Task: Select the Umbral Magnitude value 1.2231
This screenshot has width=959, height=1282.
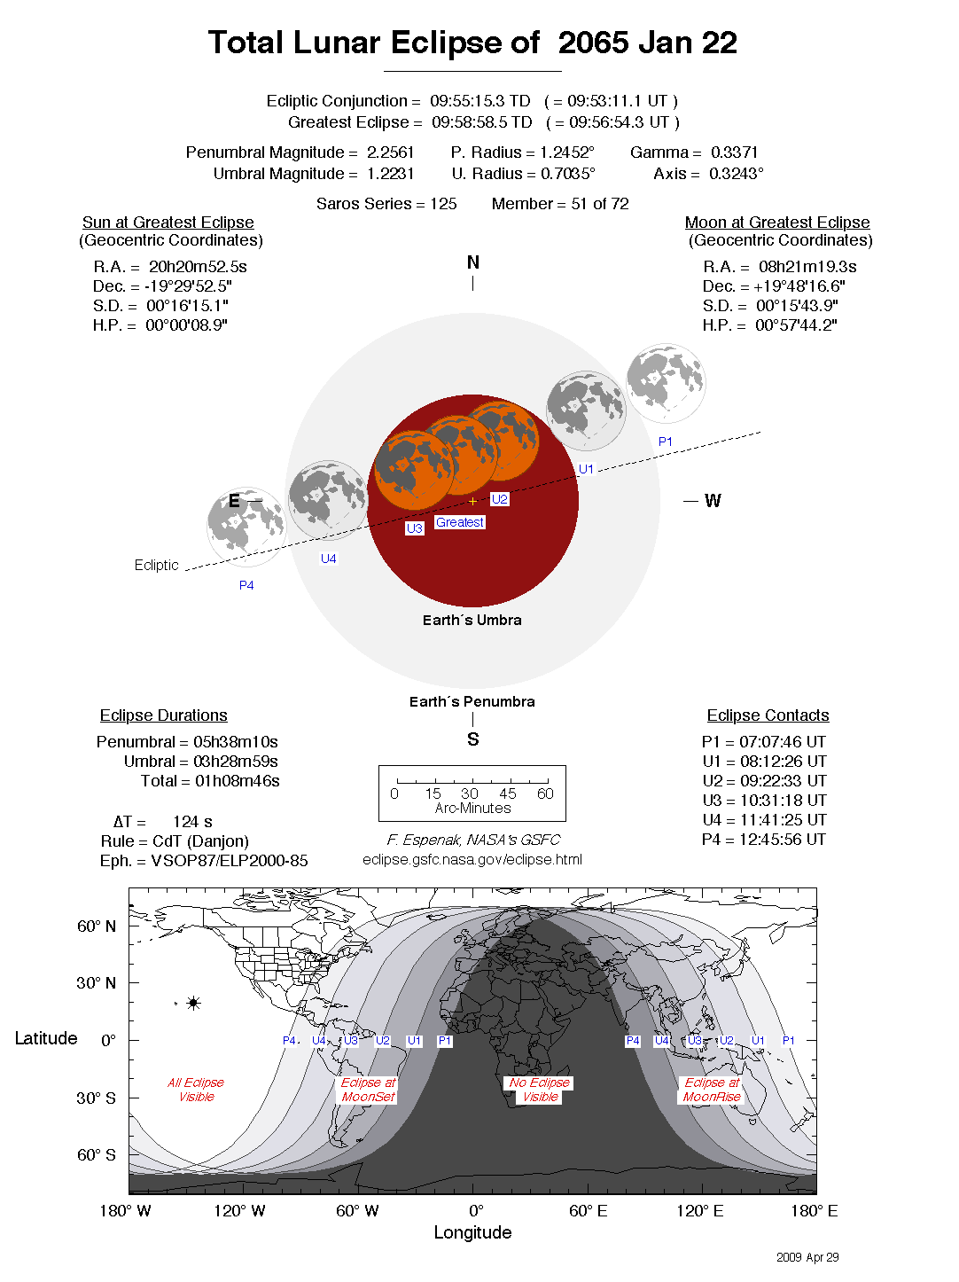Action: point(390,174)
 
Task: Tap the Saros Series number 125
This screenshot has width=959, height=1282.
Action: point(443,204)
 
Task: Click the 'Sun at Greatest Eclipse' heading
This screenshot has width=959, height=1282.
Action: point(168,223)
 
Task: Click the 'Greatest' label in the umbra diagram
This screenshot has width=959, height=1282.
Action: point(460,522)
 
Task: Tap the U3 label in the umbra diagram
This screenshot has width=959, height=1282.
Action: point(414,528)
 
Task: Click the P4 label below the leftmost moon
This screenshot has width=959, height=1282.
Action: point(246,585)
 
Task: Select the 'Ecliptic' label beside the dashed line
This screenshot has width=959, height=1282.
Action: point(156,565)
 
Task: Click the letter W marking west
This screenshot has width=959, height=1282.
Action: point(713,501)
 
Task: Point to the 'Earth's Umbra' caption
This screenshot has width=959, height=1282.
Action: point(472,621)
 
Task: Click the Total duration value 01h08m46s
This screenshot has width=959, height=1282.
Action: point(238,781)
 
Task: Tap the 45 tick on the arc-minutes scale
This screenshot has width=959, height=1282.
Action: point(507,793)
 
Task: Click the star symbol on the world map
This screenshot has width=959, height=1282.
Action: point(193,1004)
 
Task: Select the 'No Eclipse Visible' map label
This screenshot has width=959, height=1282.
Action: point(540,1090)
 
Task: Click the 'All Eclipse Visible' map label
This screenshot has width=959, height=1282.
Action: point(196,1090)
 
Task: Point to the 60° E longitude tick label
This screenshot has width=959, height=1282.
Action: point(588,1211)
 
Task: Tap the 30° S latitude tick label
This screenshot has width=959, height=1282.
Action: point(96,1098)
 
